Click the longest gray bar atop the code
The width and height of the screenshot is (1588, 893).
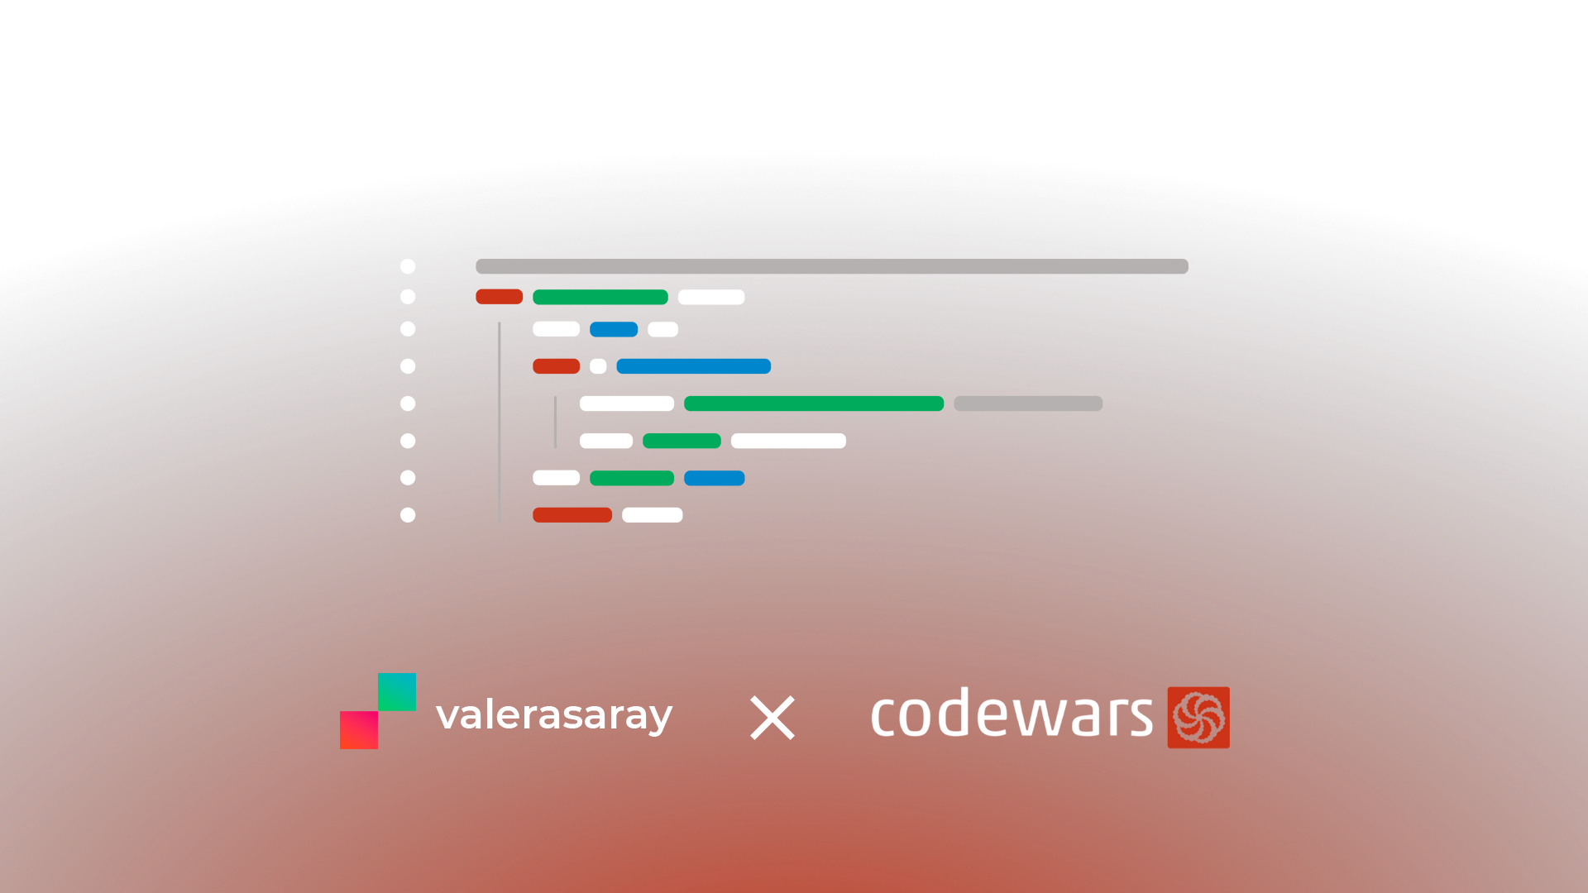pos(831,266)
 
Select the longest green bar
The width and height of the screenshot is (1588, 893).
pos(814,404)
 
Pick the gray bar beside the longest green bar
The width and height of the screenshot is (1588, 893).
pos(1028,404)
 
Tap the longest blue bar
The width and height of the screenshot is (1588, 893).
pos(693,366)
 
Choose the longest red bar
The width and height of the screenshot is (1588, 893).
pos(572,515)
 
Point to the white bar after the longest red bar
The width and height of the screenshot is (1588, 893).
pos(653,515)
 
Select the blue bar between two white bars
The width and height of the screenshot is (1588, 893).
pos(614,329)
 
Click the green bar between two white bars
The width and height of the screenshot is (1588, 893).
pos(682,441)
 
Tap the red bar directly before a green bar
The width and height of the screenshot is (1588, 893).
pos(499,297)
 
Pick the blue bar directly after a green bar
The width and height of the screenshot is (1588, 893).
pos(715,478)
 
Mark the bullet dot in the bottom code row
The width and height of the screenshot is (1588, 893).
pos(408,515)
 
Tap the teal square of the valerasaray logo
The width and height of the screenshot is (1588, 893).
pos(397,692)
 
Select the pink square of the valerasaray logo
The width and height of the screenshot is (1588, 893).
pos(359,730)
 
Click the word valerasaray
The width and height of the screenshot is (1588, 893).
pos(554,715)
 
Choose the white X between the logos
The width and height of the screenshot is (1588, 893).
pos(772,717)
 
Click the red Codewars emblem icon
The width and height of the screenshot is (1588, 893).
pos(1198,717)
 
